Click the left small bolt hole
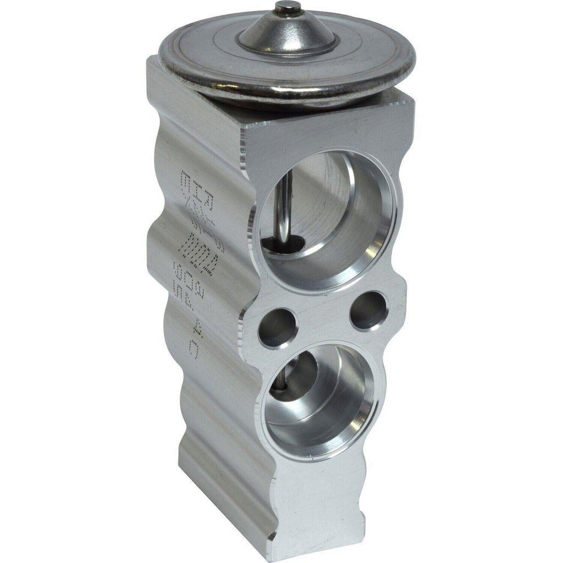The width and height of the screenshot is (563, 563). [278, 328]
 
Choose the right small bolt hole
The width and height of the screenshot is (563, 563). [369, 310]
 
